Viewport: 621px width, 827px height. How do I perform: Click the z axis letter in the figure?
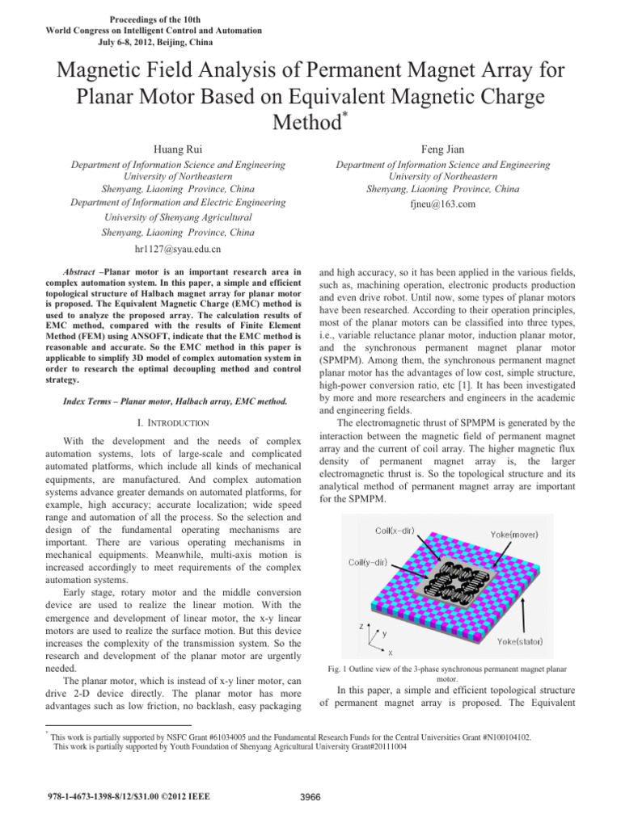[361, 626]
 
